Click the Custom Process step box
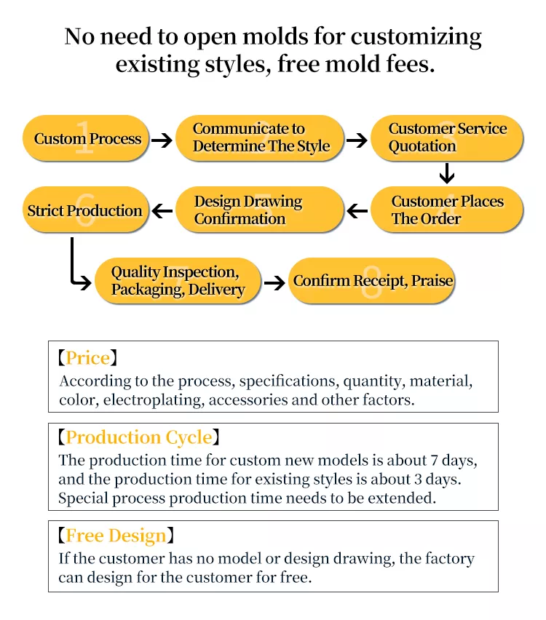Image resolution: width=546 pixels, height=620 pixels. coord(86,138)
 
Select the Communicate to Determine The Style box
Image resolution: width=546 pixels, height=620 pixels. coord(259,138)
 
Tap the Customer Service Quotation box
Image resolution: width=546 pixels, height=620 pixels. coord(447,138)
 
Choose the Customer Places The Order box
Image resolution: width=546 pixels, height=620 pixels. coord(447,209)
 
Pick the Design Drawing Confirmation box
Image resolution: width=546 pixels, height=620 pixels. coord(259,209)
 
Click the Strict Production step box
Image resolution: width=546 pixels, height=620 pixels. coord(86,209)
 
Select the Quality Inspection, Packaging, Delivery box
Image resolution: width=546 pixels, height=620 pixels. coord(178,281)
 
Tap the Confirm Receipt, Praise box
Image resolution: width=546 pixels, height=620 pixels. coord(371,281)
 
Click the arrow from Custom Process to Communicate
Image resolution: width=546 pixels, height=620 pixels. coord(162,140)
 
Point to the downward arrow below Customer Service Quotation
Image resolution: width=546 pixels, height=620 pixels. coord(447,173)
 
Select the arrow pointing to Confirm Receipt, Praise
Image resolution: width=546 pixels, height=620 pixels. coord(274,282)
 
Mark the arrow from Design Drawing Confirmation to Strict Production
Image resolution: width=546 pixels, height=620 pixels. coord(162,211)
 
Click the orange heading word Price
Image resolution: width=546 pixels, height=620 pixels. coord(88,358)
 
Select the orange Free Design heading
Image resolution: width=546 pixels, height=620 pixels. coord(116,536)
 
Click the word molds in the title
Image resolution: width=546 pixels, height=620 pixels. coord(275,37)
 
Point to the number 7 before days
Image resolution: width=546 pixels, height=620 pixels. coord(434,461)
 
